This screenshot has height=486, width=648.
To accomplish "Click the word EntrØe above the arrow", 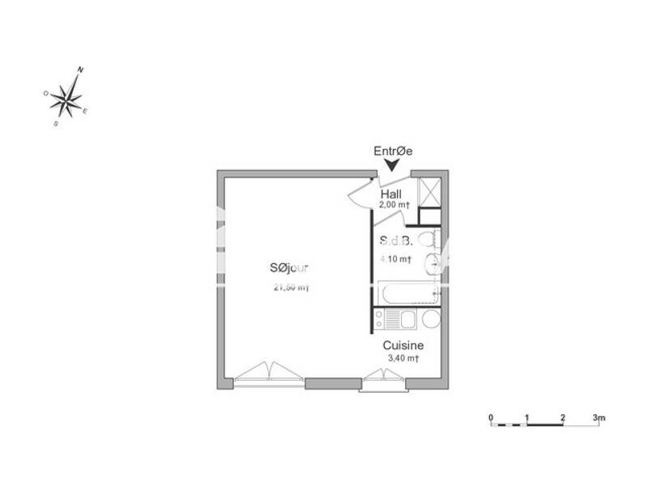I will point(393,151).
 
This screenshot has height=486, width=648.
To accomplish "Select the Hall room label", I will point(392,195).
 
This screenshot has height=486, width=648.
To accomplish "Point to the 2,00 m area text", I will point(394,206).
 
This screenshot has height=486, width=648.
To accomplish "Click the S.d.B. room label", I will point(396,241).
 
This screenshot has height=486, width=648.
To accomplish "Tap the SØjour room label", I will point(290,269).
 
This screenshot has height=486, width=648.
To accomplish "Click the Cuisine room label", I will point(403,345).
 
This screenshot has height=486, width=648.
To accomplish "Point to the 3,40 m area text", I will point(402,357).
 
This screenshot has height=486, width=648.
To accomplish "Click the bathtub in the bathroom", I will point(406,292).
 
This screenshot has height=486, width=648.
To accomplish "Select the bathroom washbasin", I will point(435,262).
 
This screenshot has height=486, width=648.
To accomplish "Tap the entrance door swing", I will point(362,194).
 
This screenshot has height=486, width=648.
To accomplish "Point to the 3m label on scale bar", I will point(598,417).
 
